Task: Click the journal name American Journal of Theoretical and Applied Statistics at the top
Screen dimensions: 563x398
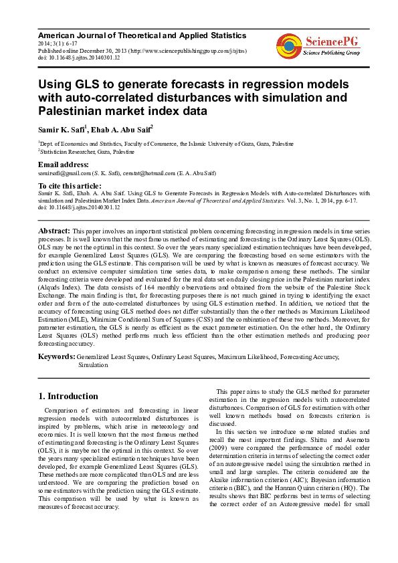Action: (x=142, y=35)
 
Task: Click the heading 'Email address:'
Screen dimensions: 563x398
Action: (x=63, y=164)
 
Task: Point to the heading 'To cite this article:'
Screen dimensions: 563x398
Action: (x=69, y=185)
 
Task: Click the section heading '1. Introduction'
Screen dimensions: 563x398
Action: (x=68, y=396)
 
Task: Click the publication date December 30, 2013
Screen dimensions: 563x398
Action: (x=111, y=51)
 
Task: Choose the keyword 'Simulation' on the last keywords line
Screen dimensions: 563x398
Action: (x=93, y=366)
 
